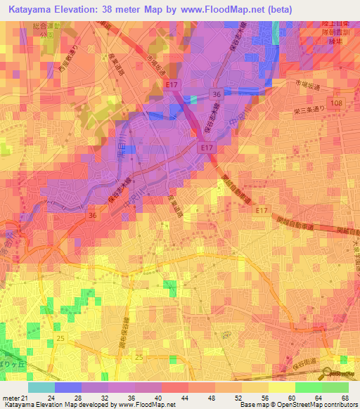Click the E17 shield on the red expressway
[x=205, y=148]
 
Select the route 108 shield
[x=338, y=103]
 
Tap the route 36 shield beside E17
[x=217, y=93]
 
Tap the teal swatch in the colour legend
[x=41, y=387]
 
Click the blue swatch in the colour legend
[x=67, y=387]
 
